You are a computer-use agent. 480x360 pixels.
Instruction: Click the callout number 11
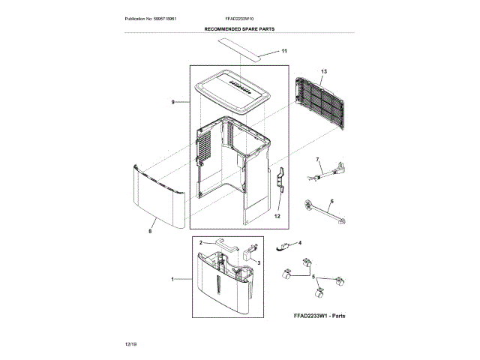[x=284, y=51]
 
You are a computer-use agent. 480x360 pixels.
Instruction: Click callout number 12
[x=277, y=215]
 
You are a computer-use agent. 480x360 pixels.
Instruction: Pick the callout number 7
[x=317, y=159]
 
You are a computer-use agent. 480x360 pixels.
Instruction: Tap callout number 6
[x=331, y=201]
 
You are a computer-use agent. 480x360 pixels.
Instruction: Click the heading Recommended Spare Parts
[x=239, y=28]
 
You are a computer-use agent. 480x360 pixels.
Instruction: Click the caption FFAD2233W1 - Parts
[x=319, y=316]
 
